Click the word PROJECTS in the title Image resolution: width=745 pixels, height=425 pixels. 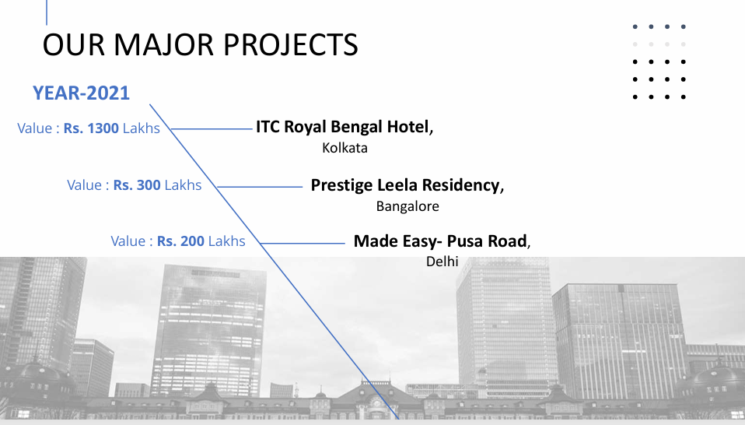290,44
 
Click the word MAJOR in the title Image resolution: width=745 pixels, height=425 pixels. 163,44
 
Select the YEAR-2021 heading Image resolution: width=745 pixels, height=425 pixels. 81,93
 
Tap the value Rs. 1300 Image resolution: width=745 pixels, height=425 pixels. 91,128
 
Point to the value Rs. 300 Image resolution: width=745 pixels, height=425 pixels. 137,185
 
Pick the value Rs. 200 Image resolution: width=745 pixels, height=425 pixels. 180,241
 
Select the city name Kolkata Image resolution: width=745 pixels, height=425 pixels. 345,148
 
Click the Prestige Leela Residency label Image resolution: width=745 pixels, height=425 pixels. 405,185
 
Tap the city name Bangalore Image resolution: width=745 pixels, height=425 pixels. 407,206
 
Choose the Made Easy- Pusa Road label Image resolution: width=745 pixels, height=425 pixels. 440,241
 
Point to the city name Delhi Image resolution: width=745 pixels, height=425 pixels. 442,262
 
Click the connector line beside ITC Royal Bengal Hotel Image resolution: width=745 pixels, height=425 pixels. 212,129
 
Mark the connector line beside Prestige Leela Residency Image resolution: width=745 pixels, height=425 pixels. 260,187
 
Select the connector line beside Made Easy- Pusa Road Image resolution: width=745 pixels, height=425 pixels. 303,244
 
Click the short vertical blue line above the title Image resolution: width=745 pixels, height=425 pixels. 47,12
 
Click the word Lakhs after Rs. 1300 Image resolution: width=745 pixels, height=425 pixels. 141,128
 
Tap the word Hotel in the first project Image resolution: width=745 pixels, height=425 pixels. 407,127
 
